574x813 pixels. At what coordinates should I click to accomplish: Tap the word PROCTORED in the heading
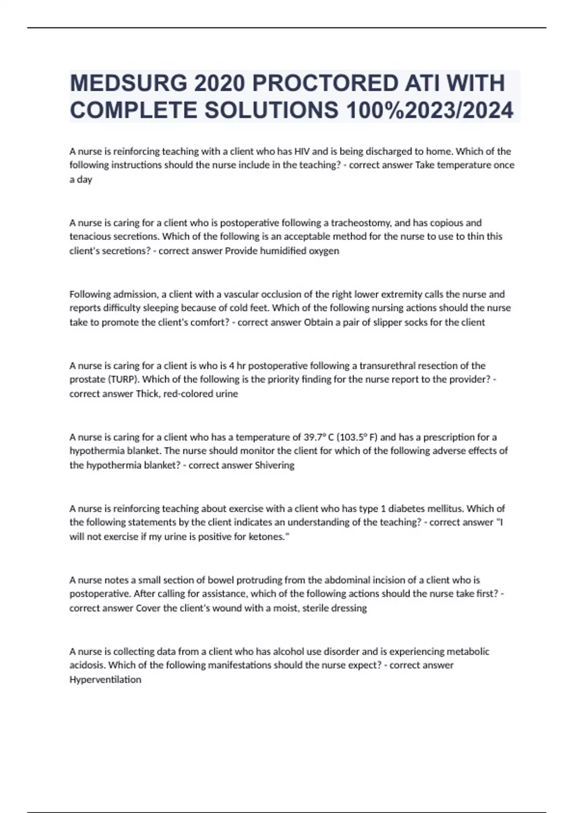tap(325, 84)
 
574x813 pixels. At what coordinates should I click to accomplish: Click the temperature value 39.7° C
tap(319, 437)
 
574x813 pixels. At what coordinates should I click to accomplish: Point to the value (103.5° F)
tap(357, 437)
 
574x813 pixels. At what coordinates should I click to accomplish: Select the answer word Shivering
tap(275, 465)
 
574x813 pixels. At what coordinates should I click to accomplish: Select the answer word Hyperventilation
tap(105, 680)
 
